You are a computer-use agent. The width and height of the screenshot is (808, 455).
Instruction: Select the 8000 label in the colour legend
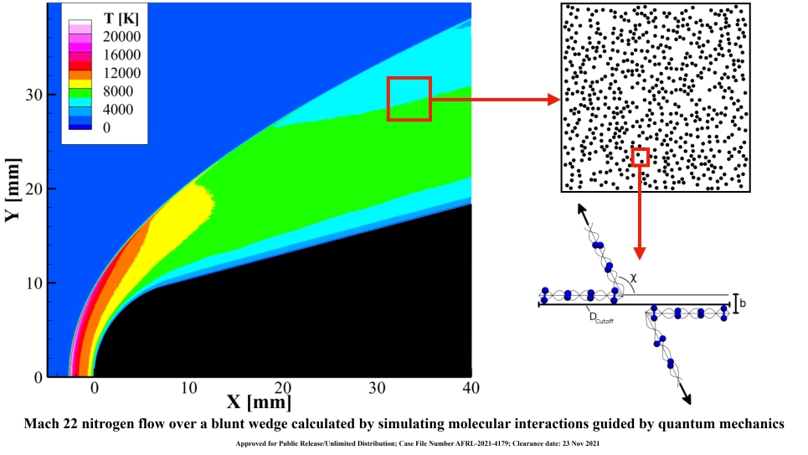tap(118, 91)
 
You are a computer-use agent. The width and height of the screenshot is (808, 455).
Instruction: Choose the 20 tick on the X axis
tap(283, 389)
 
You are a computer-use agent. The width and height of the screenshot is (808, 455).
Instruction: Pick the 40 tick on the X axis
tap(471, 389)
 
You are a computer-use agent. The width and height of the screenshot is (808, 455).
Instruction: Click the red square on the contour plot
tap(409, 99)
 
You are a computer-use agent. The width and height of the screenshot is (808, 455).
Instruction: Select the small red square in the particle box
tap(640, 157)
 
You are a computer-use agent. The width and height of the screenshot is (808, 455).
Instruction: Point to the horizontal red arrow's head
tap(553, 100)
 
